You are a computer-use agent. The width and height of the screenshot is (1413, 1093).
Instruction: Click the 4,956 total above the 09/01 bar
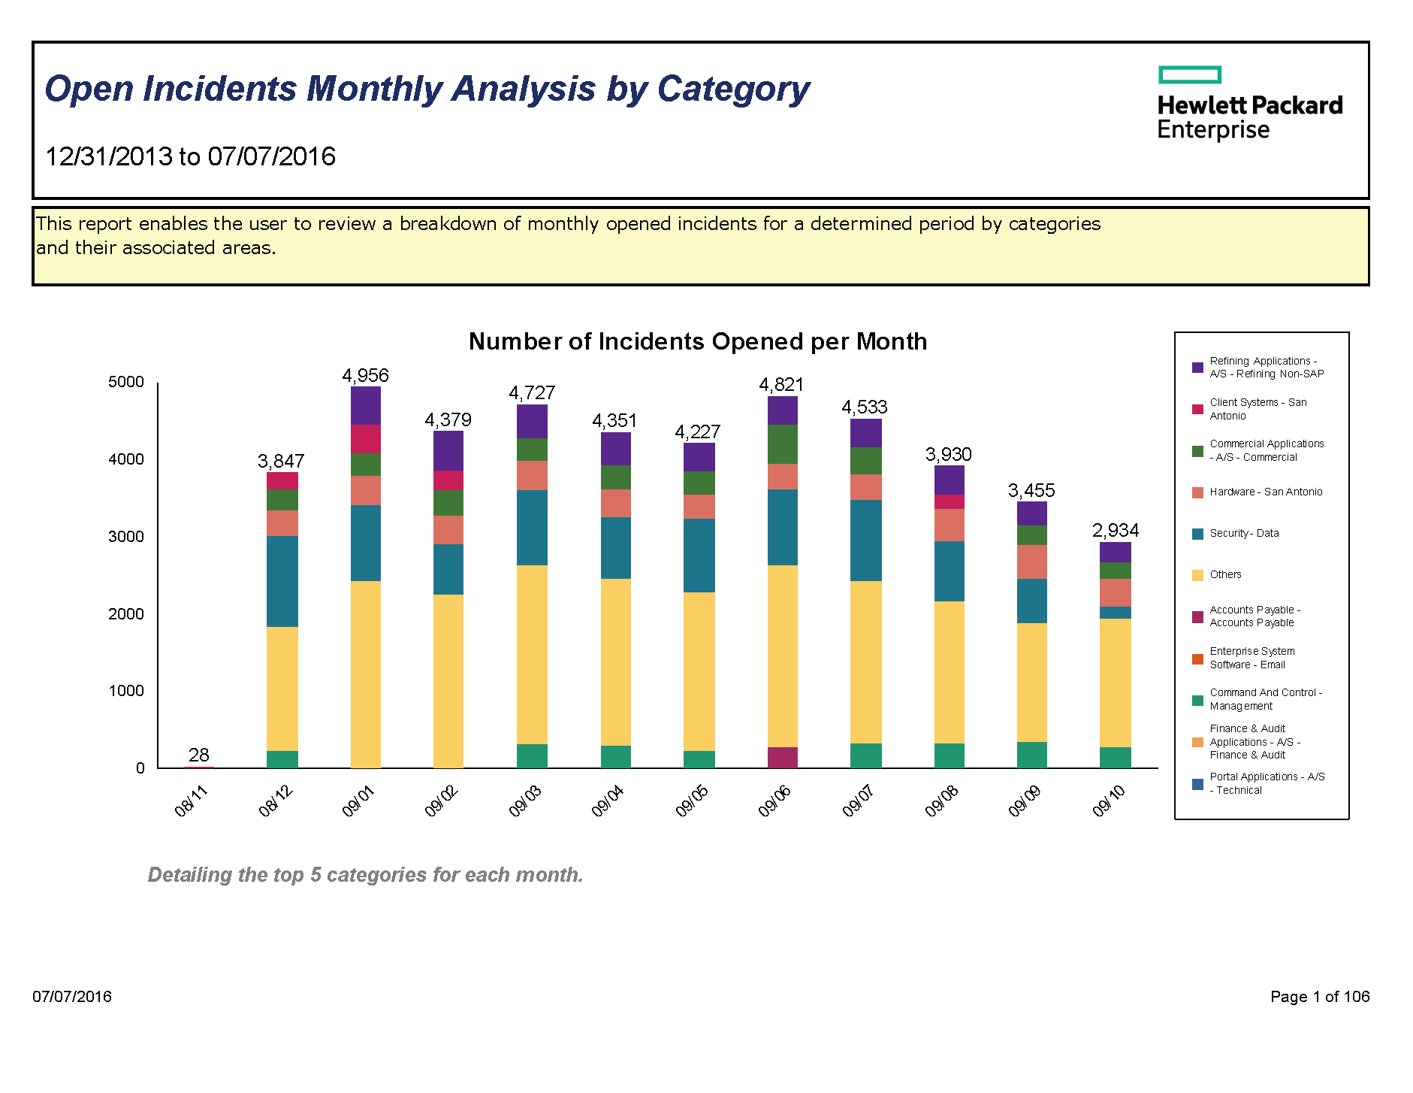(365, 375)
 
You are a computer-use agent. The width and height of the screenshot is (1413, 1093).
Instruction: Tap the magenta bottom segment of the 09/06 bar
(782, 757)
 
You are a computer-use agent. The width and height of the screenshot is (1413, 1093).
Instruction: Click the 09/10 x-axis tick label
(1109, 801)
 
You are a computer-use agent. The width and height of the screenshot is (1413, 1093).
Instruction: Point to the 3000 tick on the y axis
(125, 537)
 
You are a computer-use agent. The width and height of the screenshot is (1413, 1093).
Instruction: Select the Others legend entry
(1224, 575)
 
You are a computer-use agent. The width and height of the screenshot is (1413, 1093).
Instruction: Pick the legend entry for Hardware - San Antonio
(1265, 492)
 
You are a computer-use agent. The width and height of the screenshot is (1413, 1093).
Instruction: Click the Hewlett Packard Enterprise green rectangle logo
(1189, 74)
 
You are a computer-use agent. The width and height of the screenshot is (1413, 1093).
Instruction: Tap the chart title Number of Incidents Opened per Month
(697, 341)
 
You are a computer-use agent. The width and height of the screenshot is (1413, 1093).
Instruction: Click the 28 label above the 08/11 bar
(198, 755)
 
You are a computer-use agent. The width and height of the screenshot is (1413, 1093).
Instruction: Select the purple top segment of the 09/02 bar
(448, 450)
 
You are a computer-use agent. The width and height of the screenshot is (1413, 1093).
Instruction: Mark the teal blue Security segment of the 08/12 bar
(282, 581)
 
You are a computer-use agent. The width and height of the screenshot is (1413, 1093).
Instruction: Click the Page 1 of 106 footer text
(1319, 997)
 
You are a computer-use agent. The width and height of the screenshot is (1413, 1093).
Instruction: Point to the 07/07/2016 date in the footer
(72, 997)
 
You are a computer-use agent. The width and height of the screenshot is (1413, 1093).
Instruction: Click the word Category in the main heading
(733, 89)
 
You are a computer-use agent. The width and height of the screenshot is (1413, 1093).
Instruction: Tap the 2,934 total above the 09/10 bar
(1115, 531)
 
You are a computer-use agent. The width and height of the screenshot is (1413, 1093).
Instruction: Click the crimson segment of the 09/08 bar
(949, 501)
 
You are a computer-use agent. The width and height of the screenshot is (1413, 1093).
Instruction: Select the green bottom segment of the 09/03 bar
(532, 755)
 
